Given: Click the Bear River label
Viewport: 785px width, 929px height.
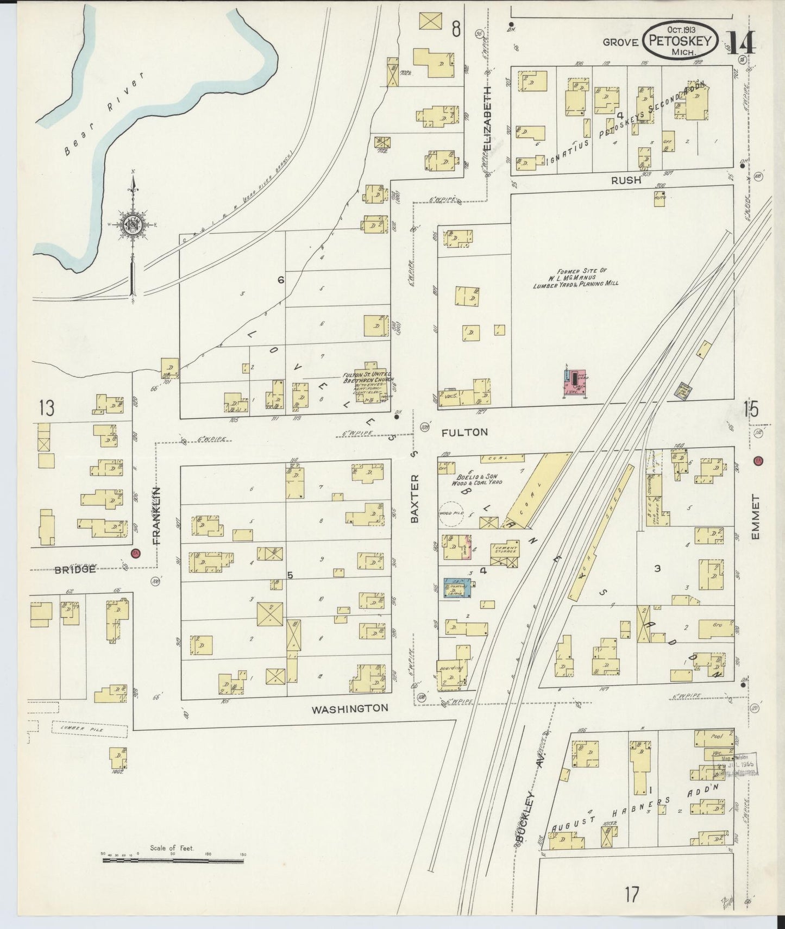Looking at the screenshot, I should pyautogui.click(x=104, y=114).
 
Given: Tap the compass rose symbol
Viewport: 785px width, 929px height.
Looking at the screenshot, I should pyautogui.click(x=133, y=227).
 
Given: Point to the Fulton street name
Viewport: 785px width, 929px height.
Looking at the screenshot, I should pyautogui.click(x=464, y=432).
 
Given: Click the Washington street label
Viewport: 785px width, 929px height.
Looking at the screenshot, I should pyautogui.click(x=350, y=708).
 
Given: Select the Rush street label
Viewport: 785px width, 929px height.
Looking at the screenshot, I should pyautogui.click(x=626, y=181).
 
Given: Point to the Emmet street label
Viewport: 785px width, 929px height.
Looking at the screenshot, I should pyautogui.click(x=756, y=516).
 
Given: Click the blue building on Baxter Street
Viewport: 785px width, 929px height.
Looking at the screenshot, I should pyautogui.click(x=457, y=588).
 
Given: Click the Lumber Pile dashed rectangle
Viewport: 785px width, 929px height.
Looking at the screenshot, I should pyautogui.click(x=90, y=729).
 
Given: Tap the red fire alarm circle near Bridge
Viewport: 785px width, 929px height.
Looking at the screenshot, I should pyautogui.click(x=135, y=554).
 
